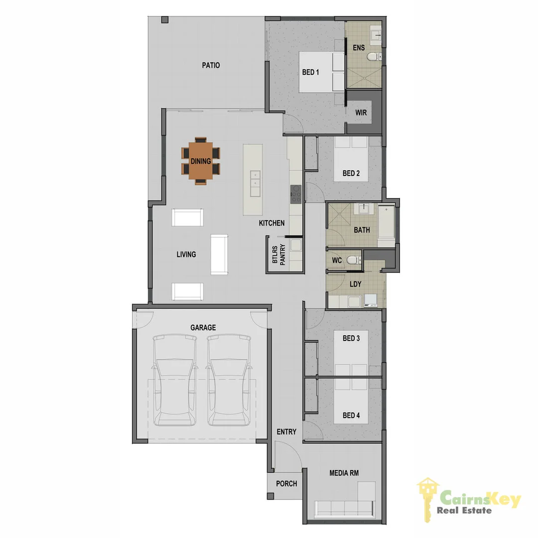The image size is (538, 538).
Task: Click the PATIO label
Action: pos(211,65)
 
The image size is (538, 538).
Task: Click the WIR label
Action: pos(361,113)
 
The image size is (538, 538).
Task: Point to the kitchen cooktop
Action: pos(296,194)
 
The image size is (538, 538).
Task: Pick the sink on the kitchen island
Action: pos(255,178)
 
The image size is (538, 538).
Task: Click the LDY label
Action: pos(356,284)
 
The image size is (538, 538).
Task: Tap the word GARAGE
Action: pos(203,327)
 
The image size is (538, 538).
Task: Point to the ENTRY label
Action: pos(286,432)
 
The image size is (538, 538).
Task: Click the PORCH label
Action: pos(286,484)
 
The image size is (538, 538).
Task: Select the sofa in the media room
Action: pos(344,508)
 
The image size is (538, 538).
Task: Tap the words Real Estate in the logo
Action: pos(464,510)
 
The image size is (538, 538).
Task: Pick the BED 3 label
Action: pos(351,339)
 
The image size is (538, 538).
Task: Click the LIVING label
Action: pos(186,255)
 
